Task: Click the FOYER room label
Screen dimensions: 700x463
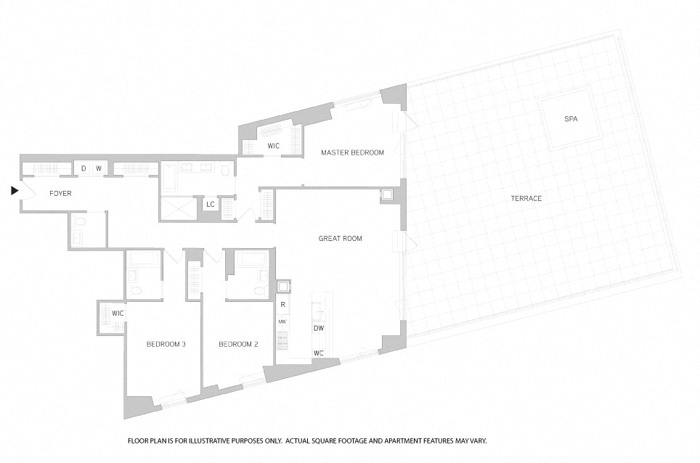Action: (x=60, y=194)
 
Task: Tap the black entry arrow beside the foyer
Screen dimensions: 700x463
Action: (x=15, y=191)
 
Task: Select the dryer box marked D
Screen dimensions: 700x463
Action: (x=83, y=168)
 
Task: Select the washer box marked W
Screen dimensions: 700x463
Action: (x=99, y=168)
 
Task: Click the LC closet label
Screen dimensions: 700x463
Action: (x=211, y=205)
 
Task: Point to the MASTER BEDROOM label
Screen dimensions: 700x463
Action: (x=352, y=152)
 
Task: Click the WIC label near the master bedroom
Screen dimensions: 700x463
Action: (x=273, y=146)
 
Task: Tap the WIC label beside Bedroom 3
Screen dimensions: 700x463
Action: (x=118, y=313)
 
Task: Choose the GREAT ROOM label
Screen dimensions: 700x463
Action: (x=340, y=239)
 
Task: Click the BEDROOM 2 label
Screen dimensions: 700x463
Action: (x=238, y=345)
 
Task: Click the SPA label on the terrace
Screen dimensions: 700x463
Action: (x=571, y=118)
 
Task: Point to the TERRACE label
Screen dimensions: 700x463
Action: (x=526, y=199)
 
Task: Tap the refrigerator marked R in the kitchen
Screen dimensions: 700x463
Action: (x=282, y=305)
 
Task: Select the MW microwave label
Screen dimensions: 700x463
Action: (x=282, y=321)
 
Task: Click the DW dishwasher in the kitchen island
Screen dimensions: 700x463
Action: (x=319, y=328)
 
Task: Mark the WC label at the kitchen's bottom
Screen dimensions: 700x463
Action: (x=318, y=353)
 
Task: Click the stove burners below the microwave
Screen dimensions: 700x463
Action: (x=282, y=340)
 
